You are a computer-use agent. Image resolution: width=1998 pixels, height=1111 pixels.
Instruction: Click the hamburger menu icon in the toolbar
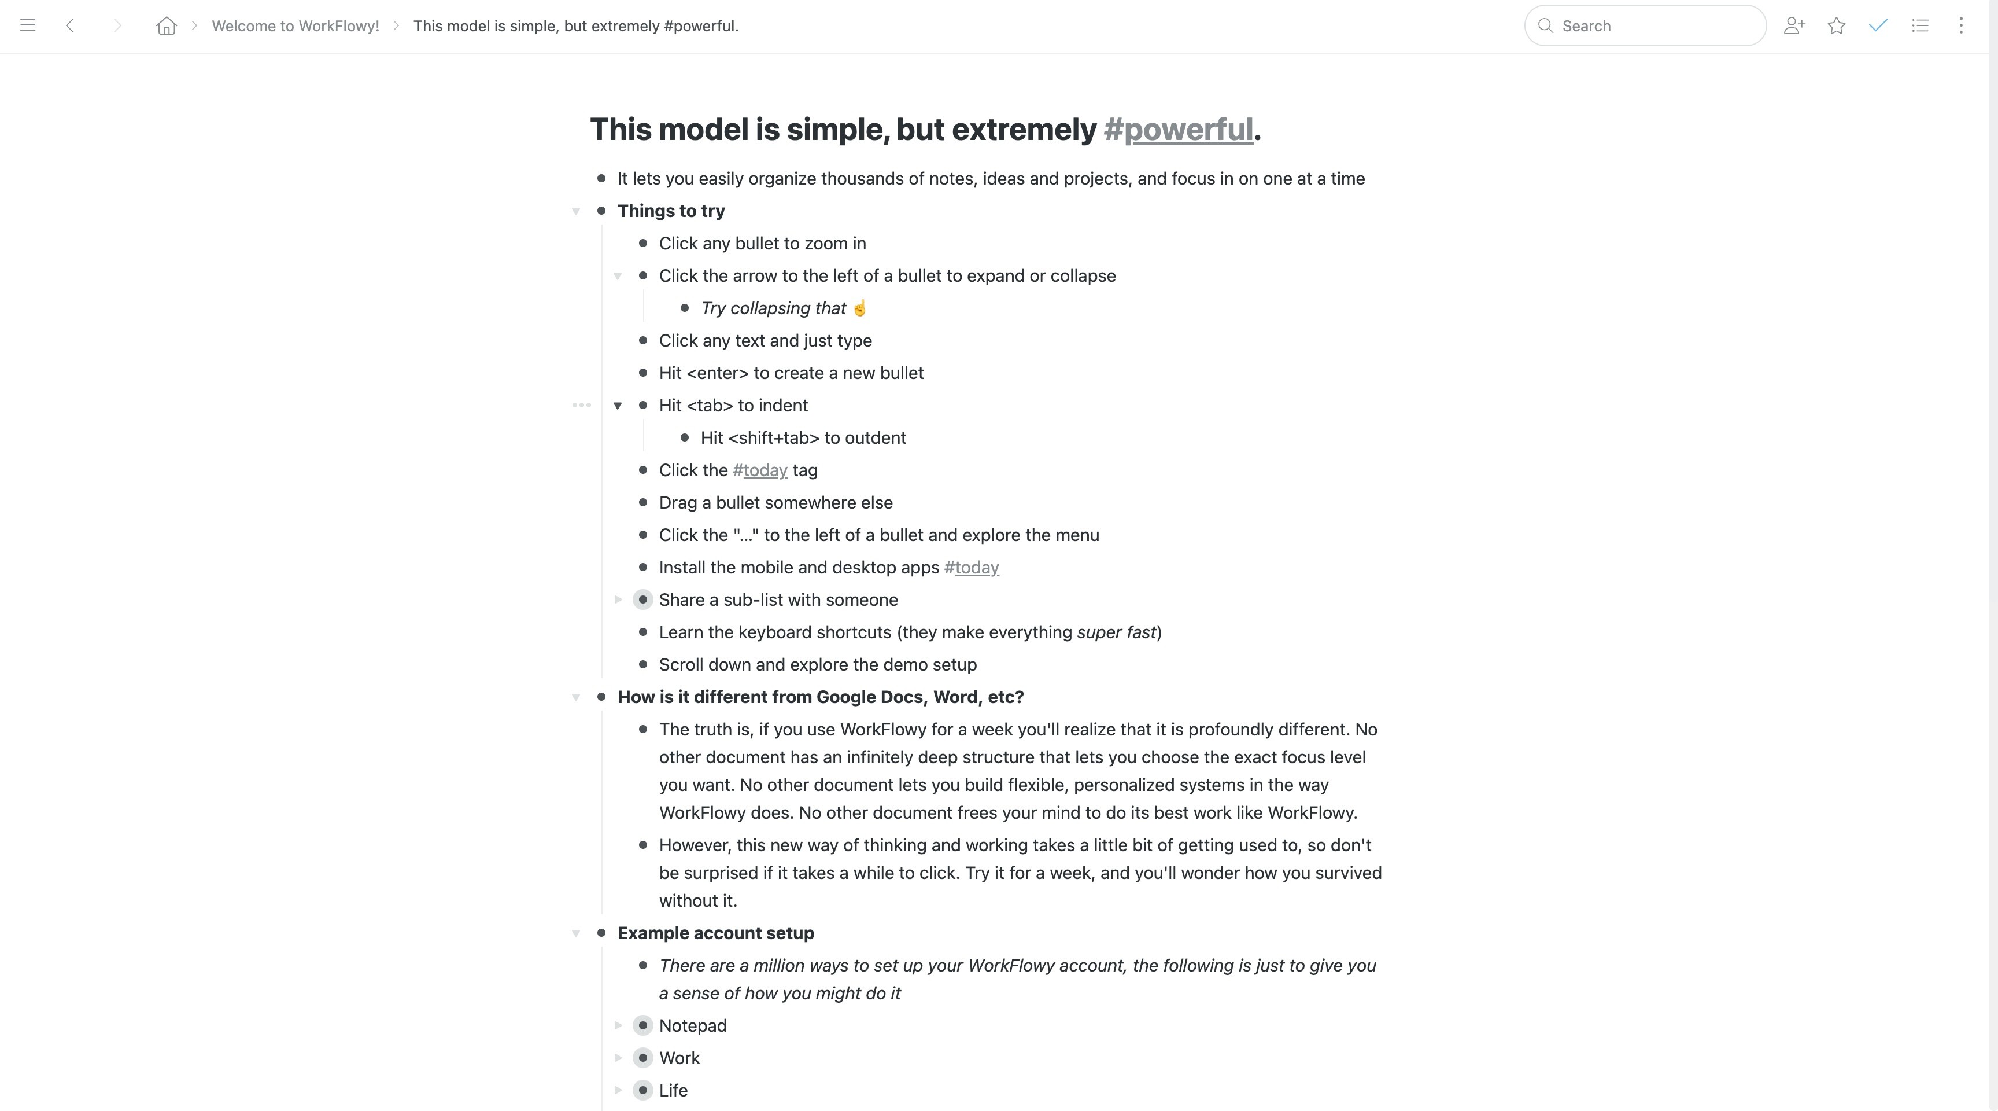point(28,25)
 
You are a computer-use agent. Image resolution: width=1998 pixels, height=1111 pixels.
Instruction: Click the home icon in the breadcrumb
point(166,25)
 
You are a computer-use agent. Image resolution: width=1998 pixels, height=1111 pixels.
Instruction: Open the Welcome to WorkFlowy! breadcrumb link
point(295,25)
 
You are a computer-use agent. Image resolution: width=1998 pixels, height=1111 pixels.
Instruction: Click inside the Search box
point(1652,25)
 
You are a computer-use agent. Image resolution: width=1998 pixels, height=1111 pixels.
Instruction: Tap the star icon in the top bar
point(1836,25)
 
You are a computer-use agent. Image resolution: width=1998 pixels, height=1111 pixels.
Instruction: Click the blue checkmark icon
point(1878,25)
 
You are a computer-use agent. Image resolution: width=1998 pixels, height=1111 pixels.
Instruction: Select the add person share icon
point(1794,25)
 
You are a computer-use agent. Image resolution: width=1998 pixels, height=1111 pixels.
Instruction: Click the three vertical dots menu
point(1961,25)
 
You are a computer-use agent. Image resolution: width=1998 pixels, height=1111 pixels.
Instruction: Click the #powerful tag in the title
point(1178,130)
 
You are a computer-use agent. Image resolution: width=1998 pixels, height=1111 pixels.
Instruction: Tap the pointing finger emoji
point(859,308)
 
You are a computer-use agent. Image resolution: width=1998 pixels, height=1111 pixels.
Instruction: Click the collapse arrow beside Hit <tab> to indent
point(618,406)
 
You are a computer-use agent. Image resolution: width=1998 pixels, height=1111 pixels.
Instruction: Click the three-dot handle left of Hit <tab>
point(581,405)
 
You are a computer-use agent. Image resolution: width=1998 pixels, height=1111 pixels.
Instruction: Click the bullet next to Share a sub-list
point(642,599)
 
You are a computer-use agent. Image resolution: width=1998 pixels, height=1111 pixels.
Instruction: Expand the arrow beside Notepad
point(618,1026)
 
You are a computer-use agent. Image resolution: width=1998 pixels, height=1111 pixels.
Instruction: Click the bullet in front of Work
point(642,1058)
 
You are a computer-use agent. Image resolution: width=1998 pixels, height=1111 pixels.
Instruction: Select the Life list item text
point(673,1090)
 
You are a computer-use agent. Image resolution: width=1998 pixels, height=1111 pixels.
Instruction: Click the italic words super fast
point(1116,632)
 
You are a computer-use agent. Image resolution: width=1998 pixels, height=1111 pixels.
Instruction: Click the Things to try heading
point(671,211)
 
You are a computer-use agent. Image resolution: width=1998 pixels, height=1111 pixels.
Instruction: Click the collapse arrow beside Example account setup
point(575,933)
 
